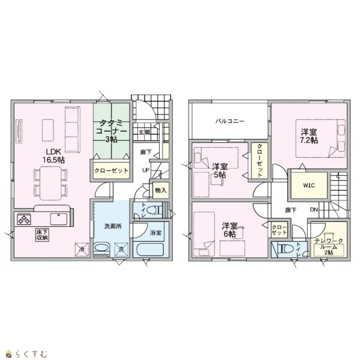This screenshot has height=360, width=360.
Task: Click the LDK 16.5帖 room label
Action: pyautogui.click(x=53, y=155)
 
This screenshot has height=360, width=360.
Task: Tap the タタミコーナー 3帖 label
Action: pyautogui.click(x=112, y=131)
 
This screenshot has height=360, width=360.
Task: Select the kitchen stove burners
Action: pyautogui.click(x=24, y=219)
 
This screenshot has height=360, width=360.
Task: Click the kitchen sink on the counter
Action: pyautogui.click(x=59, y=219)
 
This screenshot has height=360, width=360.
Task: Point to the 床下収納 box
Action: pyautogui.click(x=43, y=235)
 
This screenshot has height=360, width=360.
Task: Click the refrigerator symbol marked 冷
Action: pyautogui.click(x=82, y=249)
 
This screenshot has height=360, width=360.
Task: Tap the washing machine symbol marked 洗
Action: pyautogui.click(x=121, y=249)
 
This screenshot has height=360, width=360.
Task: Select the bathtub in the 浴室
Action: pyautogui.click(x=150, y=250)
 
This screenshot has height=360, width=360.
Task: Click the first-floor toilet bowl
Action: pyautogui.click(x=152, y=210)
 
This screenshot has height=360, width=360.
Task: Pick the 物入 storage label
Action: pyautogui.click(x=161, y=190)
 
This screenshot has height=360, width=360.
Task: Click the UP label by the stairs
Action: pyautogui.click(x=146, y=170)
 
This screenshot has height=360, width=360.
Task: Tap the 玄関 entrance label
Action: pyautogui.click(x=145, y=132)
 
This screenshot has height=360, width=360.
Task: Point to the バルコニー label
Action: pyautogui.click(x=230, y=121)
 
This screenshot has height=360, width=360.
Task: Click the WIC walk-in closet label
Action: pyautogui.click(x=309, y=185)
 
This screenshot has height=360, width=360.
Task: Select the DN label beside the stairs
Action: pyautogui.click(x=314, y=209)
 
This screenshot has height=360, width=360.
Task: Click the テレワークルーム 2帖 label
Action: pyautogui.click(x=329, y=247)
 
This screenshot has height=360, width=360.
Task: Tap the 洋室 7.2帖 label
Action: pyautogui.click(x=309, y=136)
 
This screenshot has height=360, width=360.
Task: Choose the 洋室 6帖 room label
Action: pyautogui.click(x=229, y=230)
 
